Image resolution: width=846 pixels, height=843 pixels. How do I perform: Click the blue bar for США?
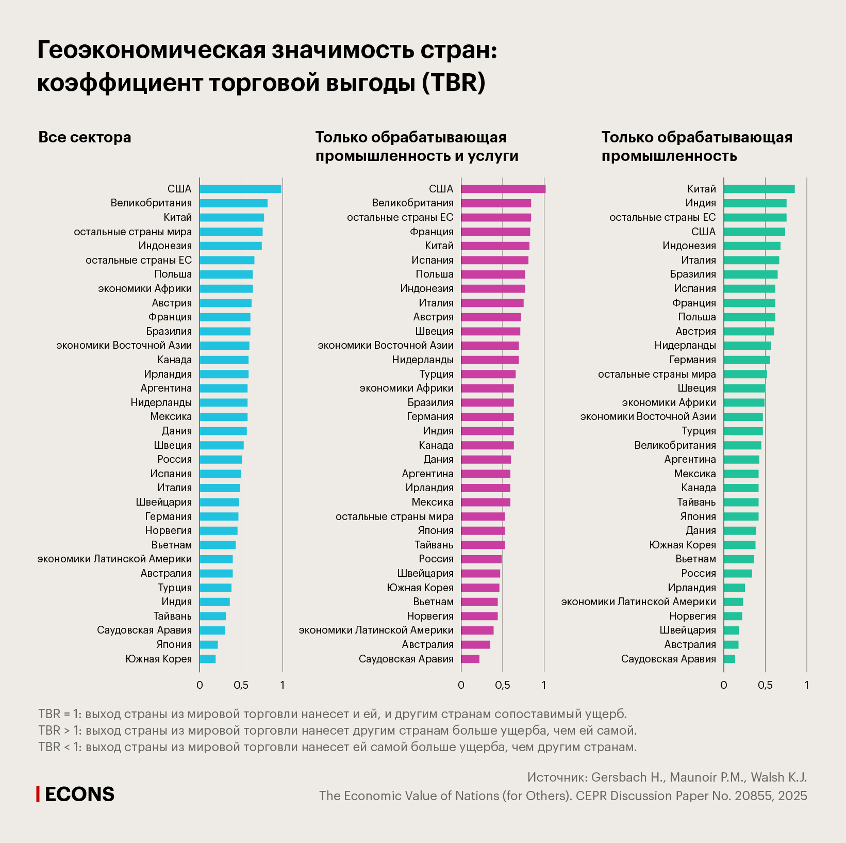click(x=240, y=189)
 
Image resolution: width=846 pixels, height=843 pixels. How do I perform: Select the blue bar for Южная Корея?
click(x=208, y=659)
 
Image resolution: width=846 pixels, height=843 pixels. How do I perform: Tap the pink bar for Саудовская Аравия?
click(x=470, y=659)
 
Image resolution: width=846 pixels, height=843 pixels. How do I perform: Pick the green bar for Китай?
click(x=759, y=189)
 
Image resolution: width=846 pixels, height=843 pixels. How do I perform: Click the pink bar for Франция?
click(x=495, y=232)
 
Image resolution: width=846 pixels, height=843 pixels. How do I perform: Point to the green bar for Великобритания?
click(x=742, y=445)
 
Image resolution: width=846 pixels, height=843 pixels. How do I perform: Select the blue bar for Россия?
click(x=221, y=459)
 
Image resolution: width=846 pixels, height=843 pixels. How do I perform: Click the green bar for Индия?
click(x=755, y=203)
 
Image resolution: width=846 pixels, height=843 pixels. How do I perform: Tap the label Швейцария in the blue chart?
click(x=164, y=502)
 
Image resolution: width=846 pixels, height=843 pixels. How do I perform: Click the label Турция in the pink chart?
click(x=437, y=374)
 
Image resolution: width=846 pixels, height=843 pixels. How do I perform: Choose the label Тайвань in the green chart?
click(x=696, y=502)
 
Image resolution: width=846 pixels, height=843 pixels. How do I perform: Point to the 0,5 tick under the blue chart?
click(x=241, y=685)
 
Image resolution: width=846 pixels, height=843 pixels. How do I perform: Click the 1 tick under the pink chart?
click(x=544, y=685)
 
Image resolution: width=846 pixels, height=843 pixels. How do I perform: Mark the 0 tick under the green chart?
click(x=724, y=685)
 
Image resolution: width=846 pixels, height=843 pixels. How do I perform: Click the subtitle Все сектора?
click(x=85, y=137)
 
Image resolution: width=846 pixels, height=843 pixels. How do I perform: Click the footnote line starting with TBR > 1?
click(x=337, y=731)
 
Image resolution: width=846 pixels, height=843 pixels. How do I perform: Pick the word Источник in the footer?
click(x=557, y=777)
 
